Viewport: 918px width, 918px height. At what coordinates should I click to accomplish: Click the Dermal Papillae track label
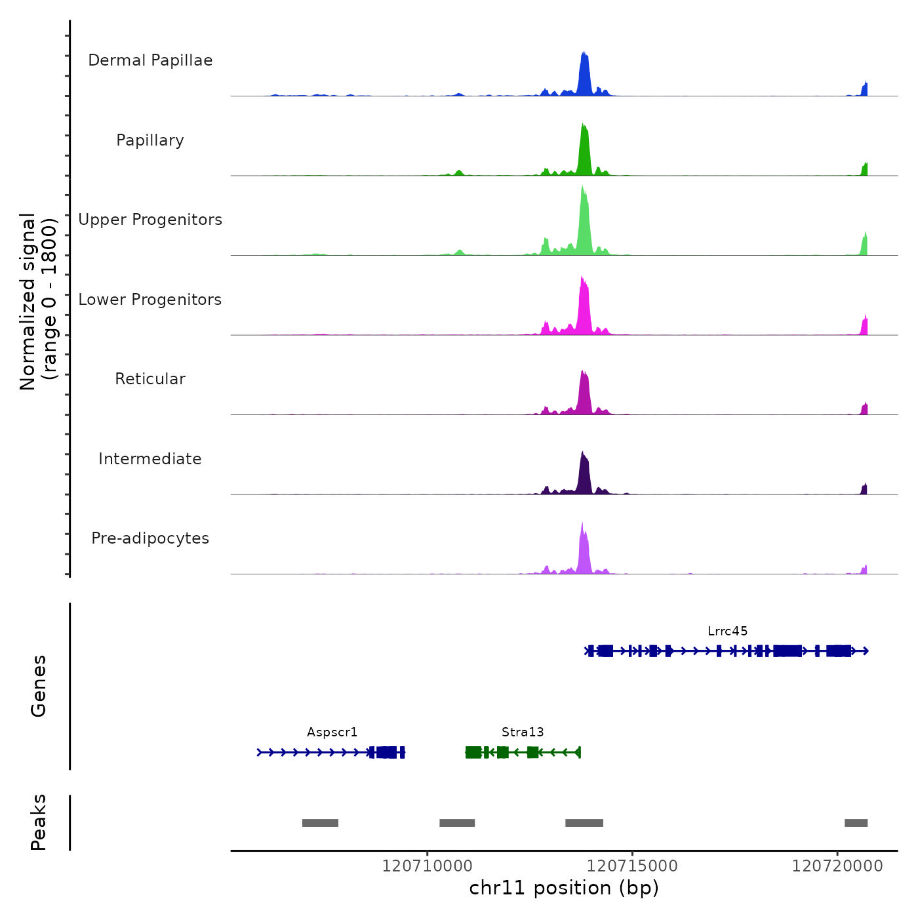pos(150,60)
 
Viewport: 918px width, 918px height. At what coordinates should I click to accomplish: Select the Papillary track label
pos(150,140)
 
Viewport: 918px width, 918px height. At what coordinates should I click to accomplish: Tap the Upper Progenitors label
pos(150,220)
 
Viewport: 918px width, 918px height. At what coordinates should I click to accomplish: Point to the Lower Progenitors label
pos(150,300)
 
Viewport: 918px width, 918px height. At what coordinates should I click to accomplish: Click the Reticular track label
pos(150,379)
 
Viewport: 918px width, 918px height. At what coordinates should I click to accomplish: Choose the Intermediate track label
pos(150,459)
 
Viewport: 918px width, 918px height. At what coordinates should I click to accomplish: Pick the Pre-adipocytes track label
pos(150,538)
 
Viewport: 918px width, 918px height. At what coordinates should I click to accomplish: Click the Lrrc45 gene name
pos(727,631)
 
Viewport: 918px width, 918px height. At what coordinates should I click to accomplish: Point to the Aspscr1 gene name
pos(332,732)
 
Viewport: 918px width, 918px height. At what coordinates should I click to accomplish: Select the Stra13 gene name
pos(523,732)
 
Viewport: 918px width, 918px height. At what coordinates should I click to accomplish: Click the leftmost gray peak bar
pos(320,823)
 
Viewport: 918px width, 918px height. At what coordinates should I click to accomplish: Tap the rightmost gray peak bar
pos(856,823)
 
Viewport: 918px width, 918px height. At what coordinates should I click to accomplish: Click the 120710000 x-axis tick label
pos(428,866)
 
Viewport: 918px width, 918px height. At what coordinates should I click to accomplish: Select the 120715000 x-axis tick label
pos(632,866)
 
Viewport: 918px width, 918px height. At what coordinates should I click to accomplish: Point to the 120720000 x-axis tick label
pos(837,866)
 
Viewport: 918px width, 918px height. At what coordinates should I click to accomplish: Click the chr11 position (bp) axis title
pos(564,888)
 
